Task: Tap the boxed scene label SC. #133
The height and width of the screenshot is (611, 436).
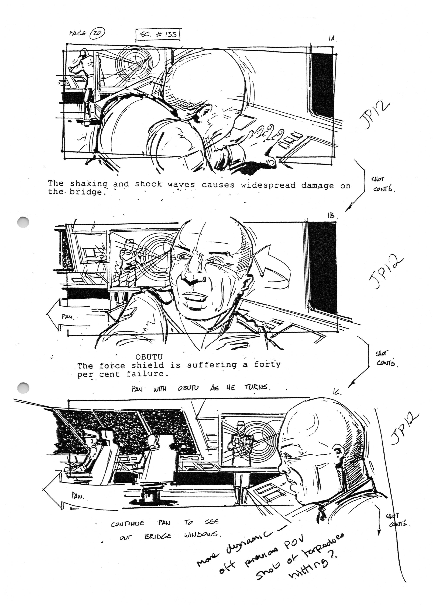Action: coord(158,35)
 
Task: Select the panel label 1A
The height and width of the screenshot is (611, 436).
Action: coord(332,38)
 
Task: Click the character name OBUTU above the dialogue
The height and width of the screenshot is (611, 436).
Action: coord(149,357)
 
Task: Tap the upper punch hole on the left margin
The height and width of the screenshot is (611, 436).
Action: coord(23,222)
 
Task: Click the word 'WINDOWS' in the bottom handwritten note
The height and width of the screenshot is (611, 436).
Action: coord(202,535)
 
